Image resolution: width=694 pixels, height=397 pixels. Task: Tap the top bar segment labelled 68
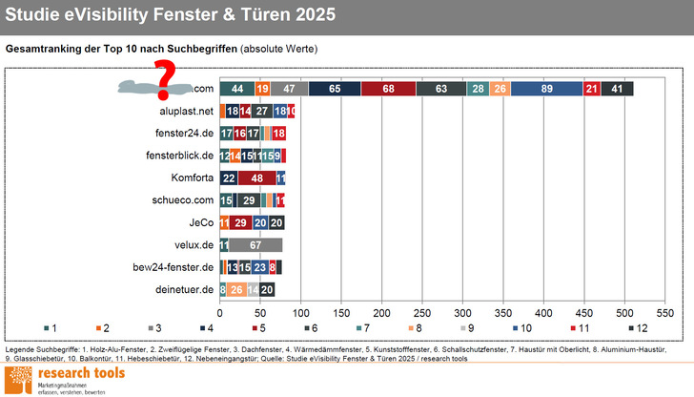pyautogui.click(x=388, y=89)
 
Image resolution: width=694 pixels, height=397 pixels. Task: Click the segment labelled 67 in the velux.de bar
pyautogui.click(x=255, y=245)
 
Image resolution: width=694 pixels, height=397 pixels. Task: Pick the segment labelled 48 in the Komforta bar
pyautogui.click(x=257, y=178)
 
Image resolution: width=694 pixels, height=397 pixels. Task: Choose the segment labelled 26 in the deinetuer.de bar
pyautogui.click(x=235, y=290)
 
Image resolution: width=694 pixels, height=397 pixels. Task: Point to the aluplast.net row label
pyautogui.click(x=186, y=112)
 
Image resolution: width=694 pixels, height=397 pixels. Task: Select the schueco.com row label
pyautogui.click(x=179, y=200)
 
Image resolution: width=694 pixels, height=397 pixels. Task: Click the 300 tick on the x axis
pyautogui.click(x=462, y=312)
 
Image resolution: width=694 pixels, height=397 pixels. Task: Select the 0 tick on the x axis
pyautogui.click(x=220, y=312)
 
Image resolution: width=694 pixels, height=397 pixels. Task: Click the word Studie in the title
pyautogui.click(x=38, y=17)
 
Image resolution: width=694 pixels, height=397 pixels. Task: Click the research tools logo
pyautogui.click(x=65, y=377)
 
